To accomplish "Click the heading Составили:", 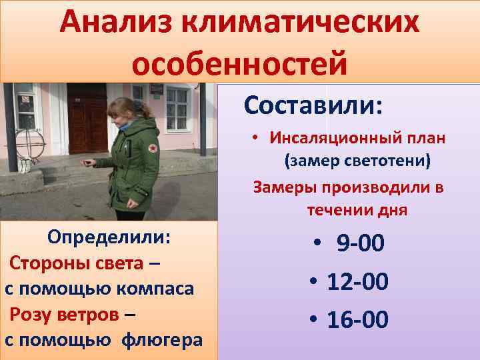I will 313,105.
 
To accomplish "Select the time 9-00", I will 361,244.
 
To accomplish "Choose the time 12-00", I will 357,282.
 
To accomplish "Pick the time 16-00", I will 357,320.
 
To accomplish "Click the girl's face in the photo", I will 126,114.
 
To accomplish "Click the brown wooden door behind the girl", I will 89,120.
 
